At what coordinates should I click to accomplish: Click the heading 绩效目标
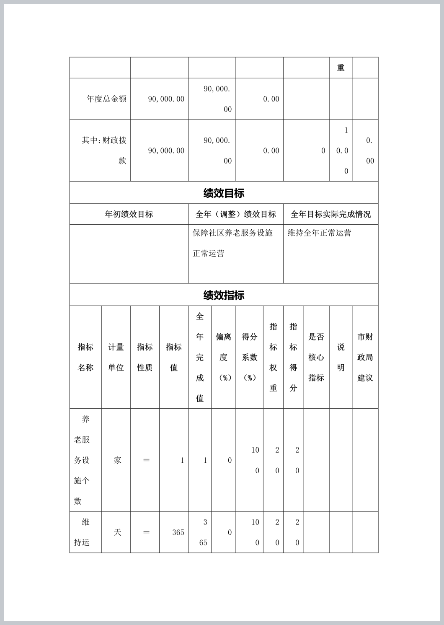coord(224,193)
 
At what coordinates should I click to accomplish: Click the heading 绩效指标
coord(224,296)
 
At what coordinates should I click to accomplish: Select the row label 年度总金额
coord(106,99)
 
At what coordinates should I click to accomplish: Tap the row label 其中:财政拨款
coord(104,150)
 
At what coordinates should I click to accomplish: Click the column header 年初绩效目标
coord(129,214)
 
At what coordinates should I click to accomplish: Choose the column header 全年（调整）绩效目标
coord(235,214)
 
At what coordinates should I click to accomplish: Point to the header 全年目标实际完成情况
coord(330,214)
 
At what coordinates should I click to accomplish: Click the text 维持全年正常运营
coord(319,233)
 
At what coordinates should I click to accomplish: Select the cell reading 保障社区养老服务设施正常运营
coord(232,243)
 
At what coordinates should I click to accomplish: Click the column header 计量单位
coord(116,357)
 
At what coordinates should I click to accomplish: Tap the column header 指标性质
coord(145,357)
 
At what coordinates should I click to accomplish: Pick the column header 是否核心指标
coord(316,357)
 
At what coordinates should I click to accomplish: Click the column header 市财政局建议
coord(365,357)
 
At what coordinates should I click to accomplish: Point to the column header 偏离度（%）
coord(223,357)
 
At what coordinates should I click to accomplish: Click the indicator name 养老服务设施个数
coord(82,460)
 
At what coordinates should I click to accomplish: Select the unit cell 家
coord(117,460)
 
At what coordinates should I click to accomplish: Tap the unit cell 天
coord(117,532)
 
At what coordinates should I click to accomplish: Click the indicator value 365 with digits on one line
coord(178,532)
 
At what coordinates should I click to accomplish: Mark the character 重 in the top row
coord(341,68)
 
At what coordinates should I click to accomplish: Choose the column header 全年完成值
coord(200,357)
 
